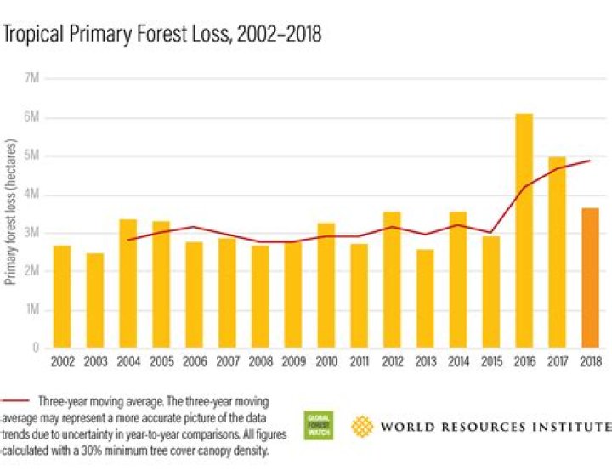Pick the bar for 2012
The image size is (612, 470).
[x=392, y=280]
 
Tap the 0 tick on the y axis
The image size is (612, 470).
[x=35, y=348]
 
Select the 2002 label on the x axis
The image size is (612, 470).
[x=61, y=362]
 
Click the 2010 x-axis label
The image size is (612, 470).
[x=326, y=362]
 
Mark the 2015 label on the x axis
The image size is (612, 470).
[x=490, y=362]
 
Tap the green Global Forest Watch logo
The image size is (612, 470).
[x=320, y=425]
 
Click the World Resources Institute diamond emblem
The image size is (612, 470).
[x=363, y=425]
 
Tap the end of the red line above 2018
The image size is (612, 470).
[x=590, y=161]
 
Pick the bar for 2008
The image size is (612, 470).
[x=259, y=297]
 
